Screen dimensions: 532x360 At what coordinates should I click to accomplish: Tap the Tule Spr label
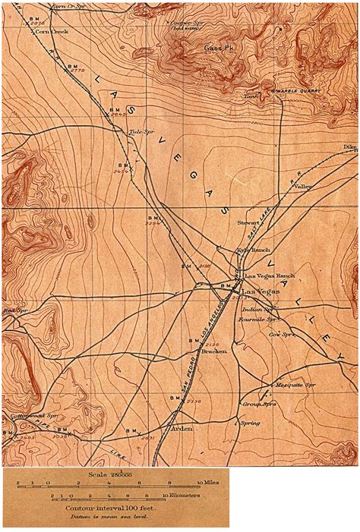137,132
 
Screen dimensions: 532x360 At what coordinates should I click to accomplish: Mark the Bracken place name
214,352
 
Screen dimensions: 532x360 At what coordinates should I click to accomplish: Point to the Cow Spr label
282,334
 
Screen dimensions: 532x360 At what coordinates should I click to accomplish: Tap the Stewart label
249,223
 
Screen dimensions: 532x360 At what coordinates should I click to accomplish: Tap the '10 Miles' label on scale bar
208,483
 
